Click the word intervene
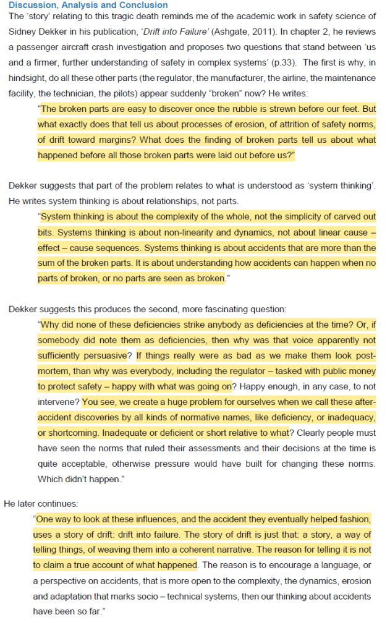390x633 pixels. (58, 401)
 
